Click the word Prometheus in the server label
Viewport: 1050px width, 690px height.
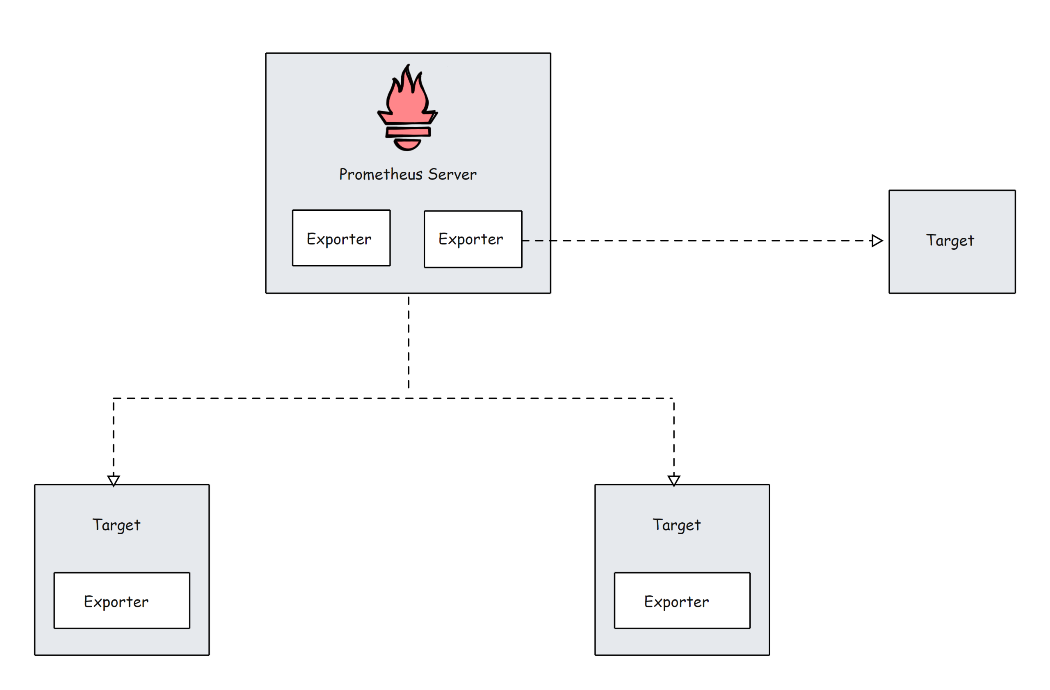click(380, 174)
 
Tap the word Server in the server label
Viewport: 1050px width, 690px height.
click(452, 174)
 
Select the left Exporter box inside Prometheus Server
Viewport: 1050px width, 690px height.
click(341, 238)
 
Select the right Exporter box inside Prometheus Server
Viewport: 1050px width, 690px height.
click(472, 239)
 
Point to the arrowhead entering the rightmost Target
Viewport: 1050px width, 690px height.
click(877, 241)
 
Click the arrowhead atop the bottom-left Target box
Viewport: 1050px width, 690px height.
click(113, 480)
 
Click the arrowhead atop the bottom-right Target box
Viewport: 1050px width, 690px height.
click(673, 480)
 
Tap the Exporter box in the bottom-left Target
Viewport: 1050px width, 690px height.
click(122, 601)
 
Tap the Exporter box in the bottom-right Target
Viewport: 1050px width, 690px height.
click(682, 601)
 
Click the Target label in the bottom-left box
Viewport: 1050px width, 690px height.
click(116, 525)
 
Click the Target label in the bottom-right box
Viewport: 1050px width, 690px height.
click(676, 525)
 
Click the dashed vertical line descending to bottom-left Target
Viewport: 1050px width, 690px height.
click(113, 437)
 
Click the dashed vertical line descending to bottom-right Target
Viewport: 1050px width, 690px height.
click(673, 437)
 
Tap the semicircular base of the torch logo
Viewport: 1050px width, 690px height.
click(407, 144)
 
